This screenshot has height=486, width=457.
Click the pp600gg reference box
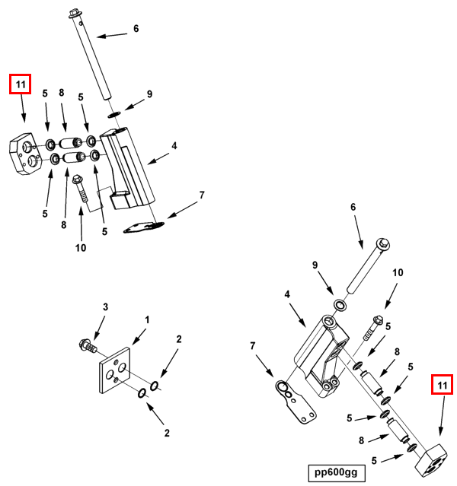pos(334,472)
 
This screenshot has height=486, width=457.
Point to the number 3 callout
pos(106,307)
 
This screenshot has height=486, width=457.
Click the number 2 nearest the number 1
pos(178,340)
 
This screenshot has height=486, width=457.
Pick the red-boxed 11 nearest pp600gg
pos(442,386)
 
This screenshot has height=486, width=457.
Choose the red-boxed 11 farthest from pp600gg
pos(20,84)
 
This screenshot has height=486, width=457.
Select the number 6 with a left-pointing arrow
pos(136,29)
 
